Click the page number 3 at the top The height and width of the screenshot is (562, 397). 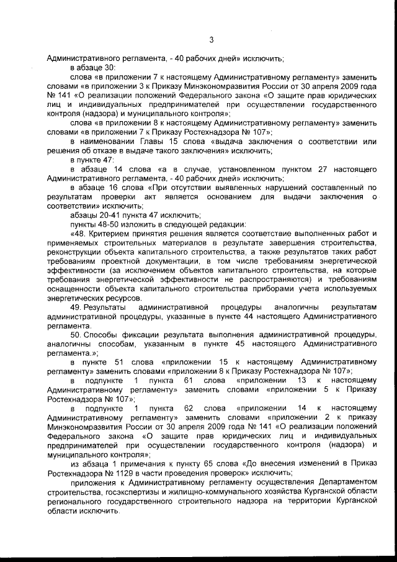point(212,41)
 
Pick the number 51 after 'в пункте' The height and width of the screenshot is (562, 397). point(120,361)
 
